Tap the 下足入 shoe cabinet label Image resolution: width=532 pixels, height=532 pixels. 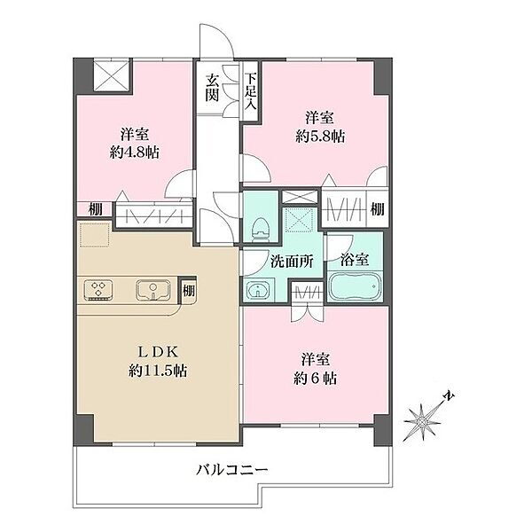pos(251,90)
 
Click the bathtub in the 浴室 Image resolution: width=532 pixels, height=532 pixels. pos(355,285)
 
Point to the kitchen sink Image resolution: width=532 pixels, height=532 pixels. pos(153,290)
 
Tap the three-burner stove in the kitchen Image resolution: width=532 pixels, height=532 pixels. pos(98,289)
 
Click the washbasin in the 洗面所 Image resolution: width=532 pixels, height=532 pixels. pos(258,290)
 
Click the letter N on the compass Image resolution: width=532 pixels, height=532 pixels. pos(450,395)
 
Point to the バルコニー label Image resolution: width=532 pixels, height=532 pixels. pos(232,470)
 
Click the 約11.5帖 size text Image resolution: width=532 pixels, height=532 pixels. pos(158,370)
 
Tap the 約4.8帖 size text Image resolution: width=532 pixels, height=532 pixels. pos(135,153)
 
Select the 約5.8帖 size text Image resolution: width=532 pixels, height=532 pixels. pos(320,137)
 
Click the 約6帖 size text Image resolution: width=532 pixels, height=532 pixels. pos(315,378)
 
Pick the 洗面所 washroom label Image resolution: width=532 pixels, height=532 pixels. pos(292,262)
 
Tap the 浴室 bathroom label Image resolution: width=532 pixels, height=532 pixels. pos(355,260)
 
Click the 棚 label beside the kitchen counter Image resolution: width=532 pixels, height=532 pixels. pos(189,291)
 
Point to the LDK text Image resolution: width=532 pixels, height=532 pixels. pos(158,353)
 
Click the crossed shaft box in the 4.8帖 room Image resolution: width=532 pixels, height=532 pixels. pos(112,75)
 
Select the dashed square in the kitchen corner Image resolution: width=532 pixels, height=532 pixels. pos(95,234)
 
